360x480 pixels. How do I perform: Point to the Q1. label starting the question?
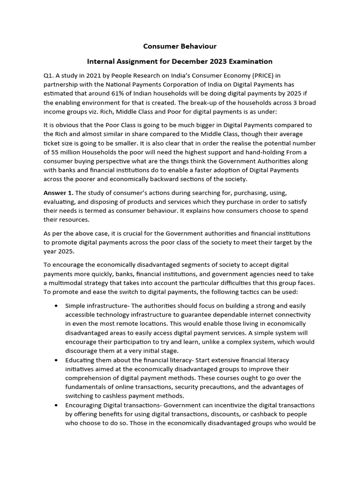pos(49,75)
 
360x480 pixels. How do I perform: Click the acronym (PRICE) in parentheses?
pos(266,75)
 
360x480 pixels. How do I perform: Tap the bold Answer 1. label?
pos(59,193)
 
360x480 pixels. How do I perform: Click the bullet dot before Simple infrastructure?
pos(56,306)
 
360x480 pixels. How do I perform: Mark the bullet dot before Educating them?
pos(56,360)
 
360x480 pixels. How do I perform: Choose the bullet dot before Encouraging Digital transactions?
pos(56,405)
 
